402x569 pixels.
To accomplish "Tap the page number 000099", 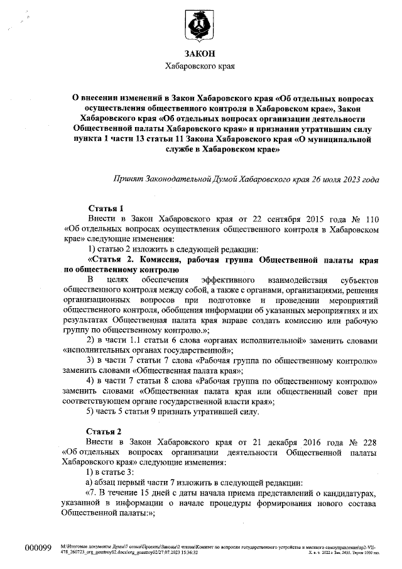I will pos(37,548).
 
